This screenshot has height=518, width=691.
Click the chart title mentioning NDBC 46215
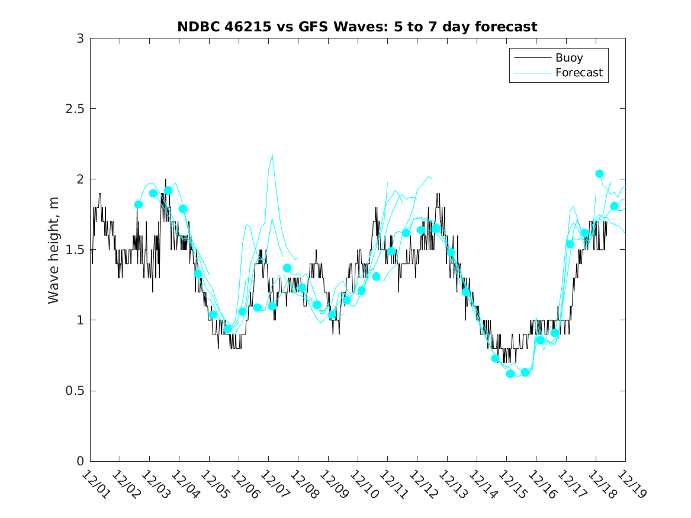357,27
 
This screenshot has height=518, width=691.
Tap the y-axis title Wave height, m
54,249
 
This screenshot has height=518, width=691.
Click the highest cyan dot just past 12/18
599,173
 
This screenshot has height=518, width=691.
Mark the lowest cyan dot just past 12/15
510,374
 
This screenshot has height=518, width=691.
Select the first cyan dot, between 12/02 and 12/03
139,204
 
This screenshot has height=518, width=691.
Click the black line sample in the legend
531,58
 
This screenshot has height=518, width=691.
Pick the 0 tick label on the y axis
80,461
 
